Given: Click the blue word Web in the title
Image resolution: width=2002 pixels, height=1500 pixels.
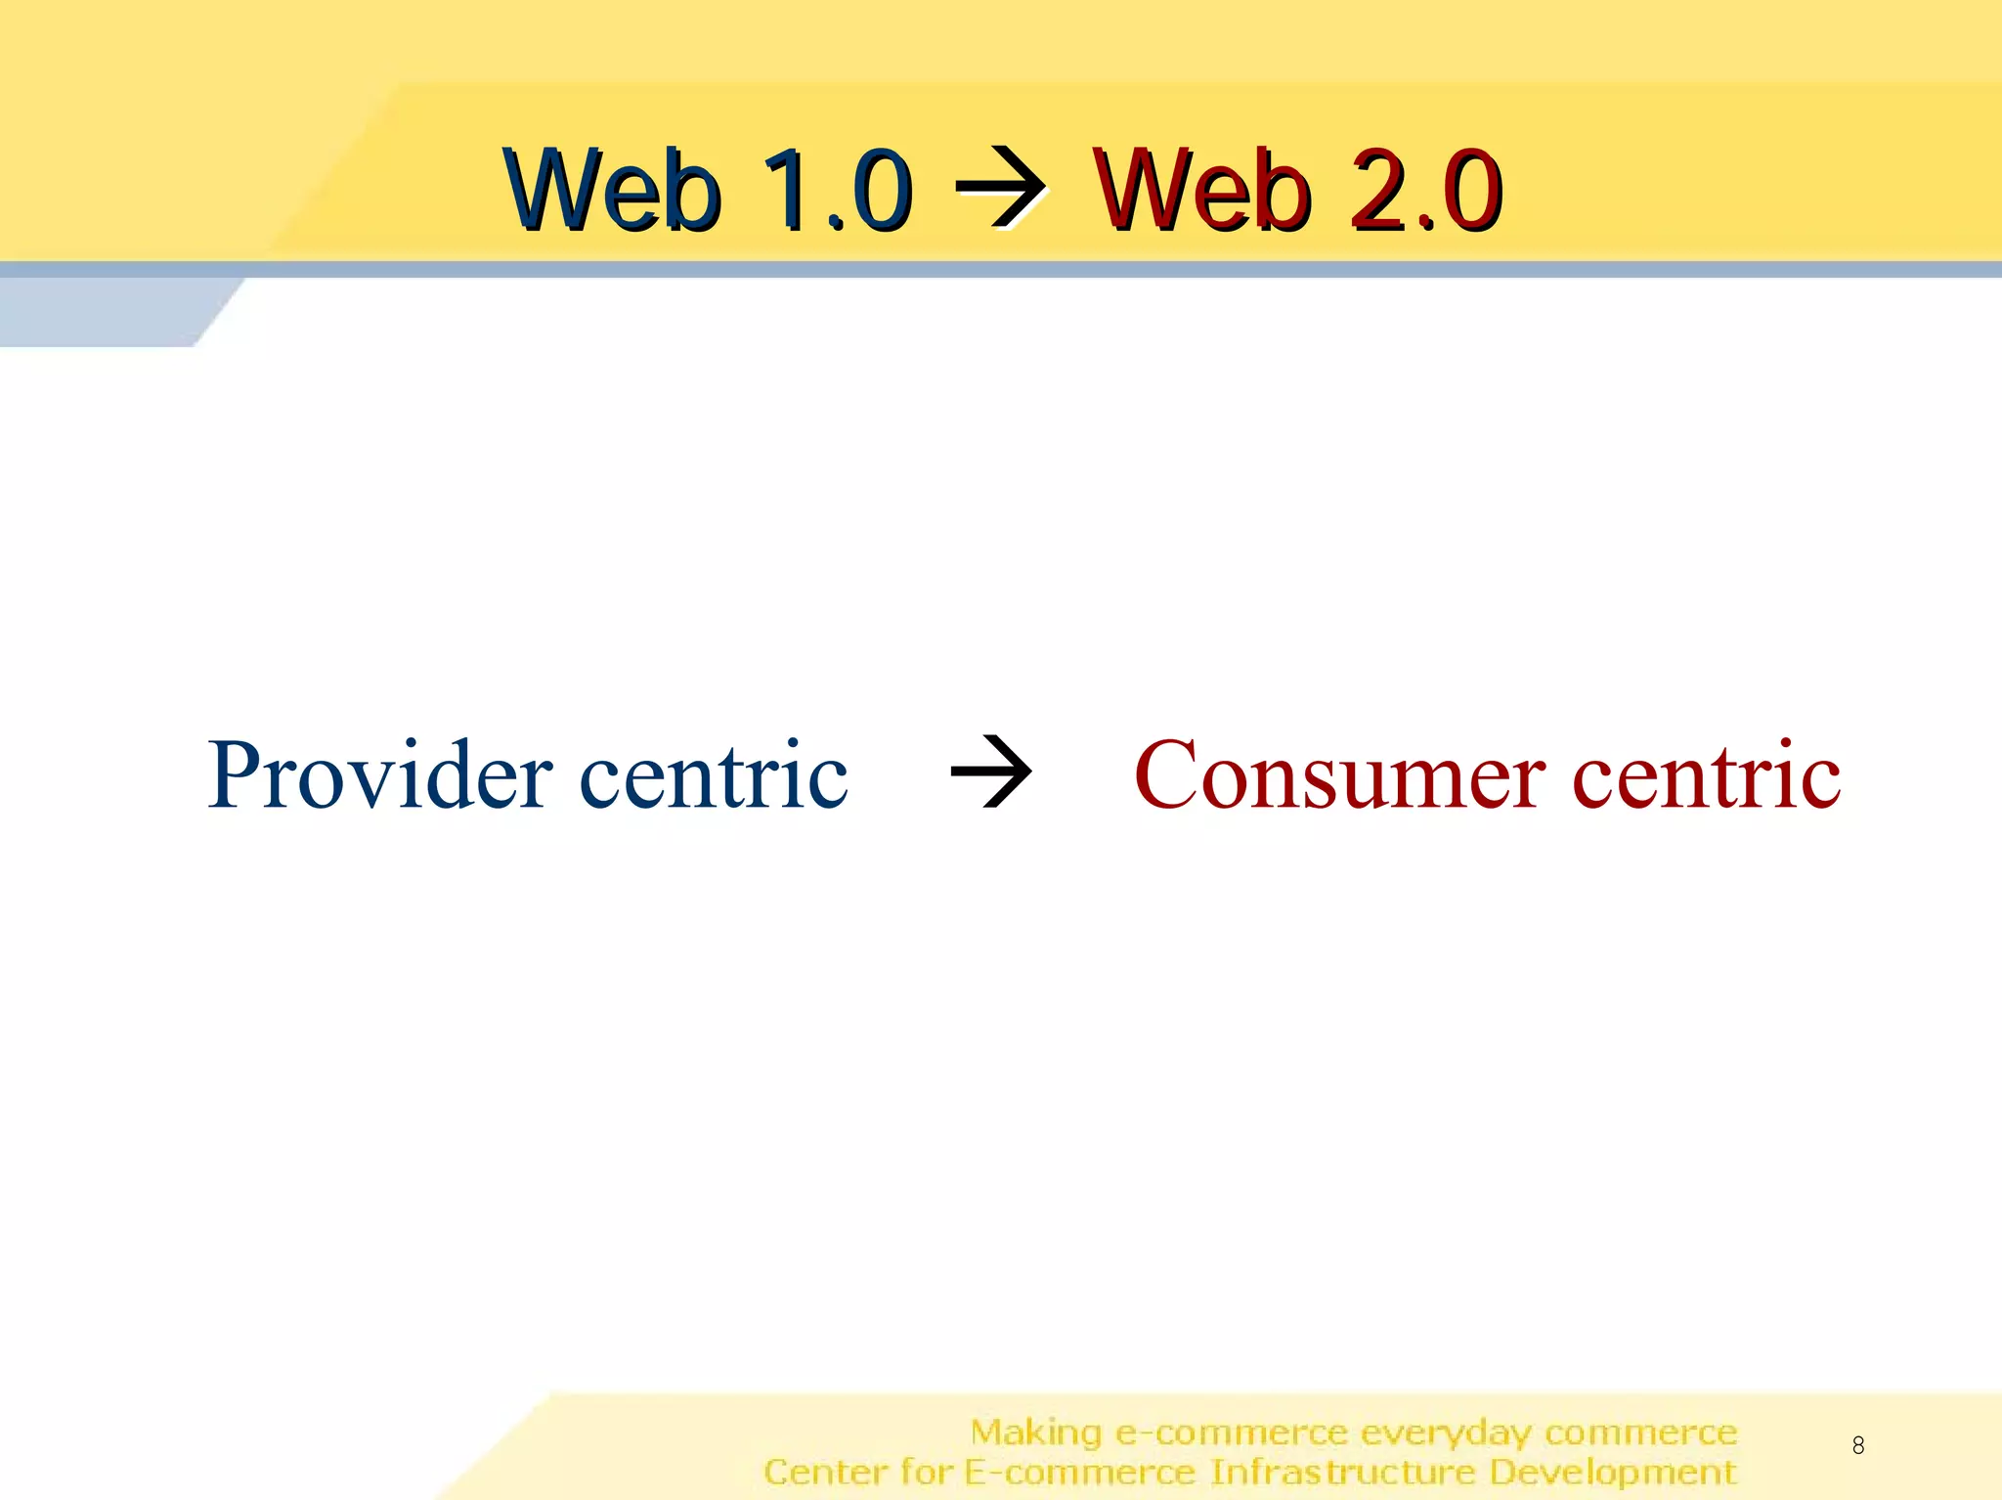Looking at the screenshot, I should (x=613, y=190).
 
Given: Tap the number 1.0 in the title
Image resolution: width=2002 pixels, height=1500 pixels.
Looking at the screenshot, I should (x=835, y=190).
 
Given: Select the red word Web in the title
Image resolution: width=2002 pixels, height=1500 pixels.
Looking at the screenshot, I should (x=1201, y=190).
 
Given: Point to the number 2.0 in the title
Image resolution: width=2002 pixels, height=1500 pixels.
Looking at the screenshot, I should (x=1424, y=190).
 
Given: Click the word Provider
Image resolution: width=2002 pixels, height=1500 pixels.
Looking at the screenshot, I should (x=380, y=775).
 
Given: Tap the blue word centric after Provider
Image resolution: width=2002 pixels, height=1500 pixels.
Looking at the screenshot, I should (x=714, y=775).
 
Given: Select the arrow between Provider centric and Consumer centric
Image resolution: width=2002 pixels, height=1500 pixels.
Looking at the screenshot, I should (x=991, y=772).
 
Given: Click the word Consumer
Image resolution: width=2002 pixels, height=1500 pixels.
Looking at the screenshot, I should (x=1340, y=775).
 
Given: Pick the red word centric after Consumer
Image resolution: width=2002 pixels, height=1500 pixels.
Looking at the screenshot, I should (x=1706, y=775).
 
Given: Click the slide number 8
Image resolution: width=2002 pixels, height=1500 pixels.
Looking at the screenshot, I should (x=1857, y=1444).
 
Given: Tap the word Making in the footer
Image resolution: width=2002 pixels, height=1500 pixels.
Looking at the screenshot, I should (x=1036, y=1433).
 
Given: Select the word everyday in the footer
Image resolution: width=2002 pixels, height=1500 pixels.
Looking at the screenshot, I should (x=1446, y=1433).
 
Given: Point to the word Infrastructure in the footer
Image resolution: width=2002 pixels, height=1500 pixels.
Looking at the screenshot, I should (x=1342, y=1472).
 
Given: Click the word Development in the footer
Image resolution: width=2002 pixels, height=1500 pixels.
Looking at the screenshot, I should (x=1613, y=1472).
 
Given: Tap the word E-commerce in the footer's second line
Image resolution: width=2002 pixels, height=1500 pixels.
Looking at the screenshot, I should (x=1080, y=1472).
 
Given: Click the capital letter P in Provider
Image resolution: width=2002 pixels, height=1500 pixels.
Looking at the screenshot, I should (x=235, y=775).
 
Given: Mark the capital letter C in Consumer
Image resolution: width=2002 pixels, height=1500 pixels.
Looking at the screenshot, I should (x=1168, y=775).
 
